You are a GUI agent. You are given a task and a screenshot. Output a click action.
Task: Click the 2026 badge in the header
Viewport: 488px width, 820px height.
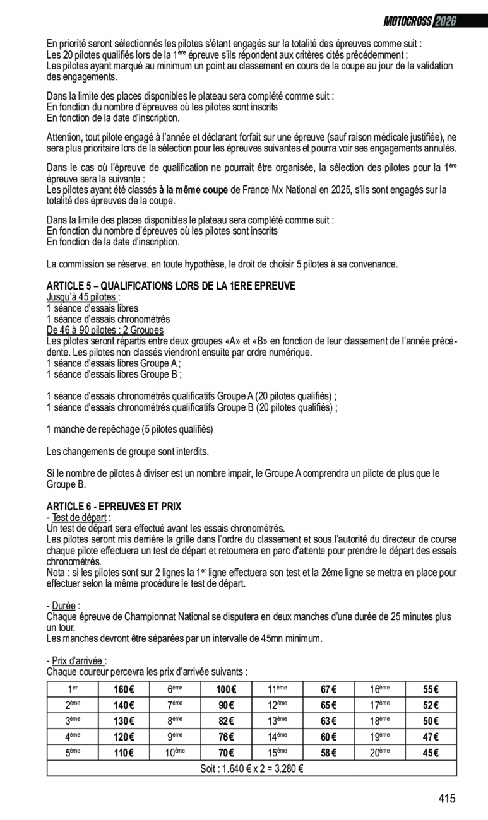(444, 21)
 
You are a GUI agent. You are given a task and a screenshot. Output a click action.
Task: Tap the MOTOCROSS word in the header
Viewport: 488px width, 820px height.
(408, 21)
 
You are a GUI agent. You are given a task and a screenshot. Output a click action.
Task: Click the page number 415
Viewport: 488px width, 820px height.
(446, 799)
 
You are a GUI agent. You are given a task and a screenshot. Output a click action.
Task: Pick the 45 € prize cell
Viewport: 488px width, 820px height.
(431, 753)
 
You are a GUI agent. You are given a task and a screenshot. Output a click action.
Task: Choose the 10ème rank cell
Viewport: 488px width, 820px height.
(175, 753)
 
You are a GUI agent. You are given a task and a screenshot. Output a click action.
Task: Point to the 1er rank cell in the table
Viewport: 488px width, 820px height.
(73, 689)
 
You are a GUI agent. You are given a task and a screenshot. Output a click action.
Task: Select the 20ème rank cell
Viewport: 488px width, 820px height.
(379, 753)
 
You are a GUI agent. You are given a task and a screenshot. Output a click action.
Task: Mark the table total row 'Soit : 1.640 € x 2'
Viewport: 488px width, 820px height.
(252, 768)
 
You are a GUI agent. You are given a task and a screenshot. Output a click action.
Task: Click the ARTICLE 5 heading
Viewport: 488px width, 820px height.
(171, 286)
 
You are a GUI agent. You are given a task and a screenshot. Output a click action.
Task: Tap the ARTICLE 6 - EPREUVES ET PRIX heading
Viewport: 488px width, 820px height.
(114, 507)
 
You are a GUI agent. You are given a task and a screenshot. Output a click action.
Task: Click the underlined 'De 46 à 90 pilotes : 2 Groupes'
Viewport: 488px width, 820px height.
(105, 330)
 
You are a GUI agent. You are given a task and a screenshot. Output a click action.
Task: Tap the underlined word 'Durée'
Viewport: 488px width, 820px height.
(64, 606)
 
